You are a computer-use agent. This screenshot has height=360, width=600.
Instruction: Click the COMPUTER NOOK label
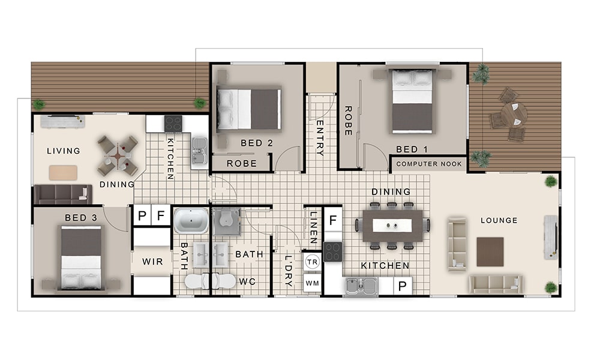click(x=429, y=164)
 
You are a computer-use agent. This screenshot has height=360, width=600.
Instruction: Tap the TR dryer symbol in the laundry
click(x=312, y=262)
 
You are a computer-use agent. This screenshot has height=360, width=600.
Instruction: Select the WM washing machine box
click(x=312, y=283)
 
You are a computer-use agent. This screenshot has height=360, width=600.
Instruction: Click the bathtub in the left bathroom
click(x=191, y=221)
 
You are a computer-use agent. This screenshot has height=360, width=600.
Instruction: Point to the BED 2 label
click(x=257, y=143)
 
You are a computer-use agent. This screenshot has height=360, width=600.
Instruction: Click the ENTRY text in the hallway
click(x=320, y=138)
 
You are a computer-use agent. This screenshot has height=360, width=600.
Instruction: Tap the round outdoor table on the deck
click(x=514, y=114)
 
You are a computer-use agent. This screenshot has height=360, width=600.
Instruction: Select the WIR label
click(x=152, y=262)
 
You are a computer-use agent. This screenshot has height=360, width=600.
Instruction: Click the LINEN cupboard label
click(x=313, y=228)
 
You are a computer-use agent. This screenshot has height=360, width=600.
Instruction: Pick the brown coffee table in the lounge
click(x=490, y=252)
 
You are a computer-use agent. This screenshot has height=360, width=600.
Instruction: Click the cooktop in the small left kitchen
click(x=173, y=124)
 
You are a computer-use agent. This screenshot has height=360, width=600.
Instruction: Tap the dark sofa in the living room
click(x=63, y=194)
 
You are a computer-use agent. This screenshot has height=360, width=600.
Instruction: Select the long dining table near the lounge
click(x=392, y=226)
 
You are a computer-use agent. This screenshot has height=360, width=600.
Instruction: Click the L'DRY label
click(x=289, y=271)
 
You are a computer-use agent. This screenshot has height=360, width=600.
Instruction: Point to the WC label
click(x=247, y=282)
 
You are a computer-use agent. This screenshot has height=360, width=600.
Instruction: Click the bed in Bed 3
click(x=81, y=257)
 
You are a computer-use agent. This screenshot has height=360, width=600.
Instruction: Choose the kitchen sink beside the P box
click(x=362, y=286)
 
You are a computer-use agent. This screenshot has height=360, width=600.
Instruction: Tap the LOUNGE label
click(x=499, y=220)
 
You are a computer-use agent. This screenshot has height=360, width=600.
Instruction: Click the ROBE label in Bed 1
click(x=348, y=121)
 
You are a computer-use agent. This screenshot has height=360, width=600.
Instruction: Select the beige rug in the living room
click(x=63, y=173)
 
